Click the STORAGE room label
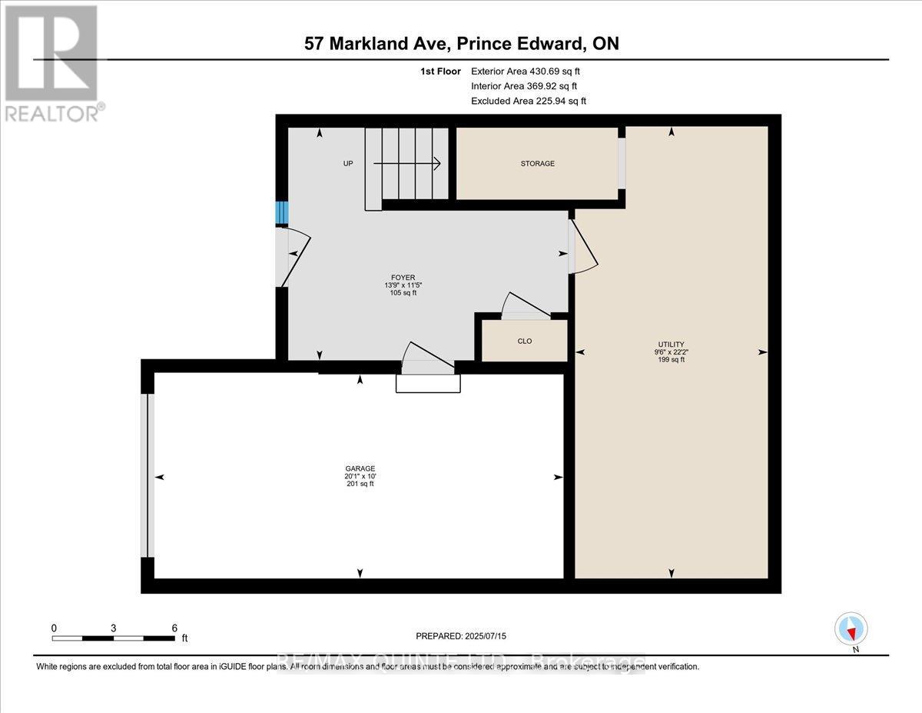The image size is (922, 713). point(537,164)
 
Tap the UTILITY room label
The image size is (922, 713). point(671,345)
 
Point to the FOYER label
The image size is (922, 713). point(403,278)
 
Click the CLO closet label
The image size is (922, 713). point(524,341)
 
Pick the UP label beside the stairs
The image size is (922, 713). point(348,164)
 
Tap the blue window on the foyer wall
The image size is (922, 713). point(282,212)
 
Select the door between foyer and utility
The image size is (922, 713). point(582,246)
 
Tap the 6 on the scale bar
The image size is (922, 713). point(174,628)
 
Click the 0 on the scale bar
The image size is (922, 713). point(54,628)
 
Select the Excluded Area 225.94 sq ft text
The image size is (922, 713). point(528,102)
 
